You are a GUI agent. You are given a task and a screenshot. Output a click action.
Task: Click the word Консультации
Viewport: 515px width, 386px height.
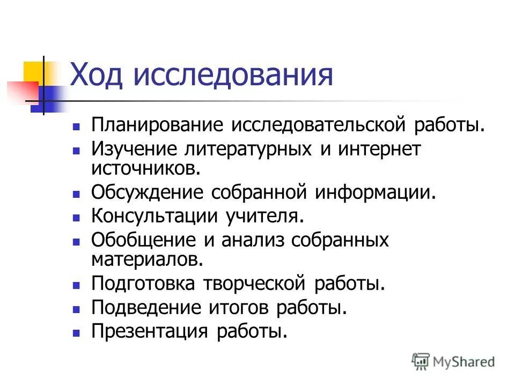tap(154, 216)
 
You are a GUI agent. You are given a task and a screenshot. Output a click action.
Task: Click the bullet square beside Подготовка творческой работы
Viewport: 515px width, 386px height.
tap(76, 284)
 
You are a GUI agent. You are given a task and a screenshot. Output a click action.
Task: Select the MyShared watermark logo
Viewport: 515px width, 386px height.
tap(453, 361)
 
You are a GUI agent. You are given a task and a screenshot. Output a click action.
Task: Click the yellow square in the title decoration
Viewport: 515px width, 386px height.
tap(33, 71)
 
